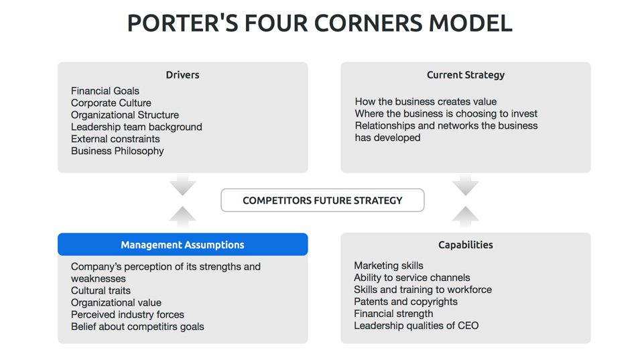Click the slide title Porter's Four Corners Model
pyautogui.click(x=320, y=23)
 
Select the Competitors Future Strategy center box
pyautogui.click(x=322, y=200)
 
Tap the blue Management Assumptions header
pyautogui.click(x=182, y=245)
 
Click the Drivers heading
pyautogui.click(x=182, y=75)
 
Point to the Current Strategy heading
pyautogui.click(x=465, y=75)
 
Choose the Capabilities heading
pyautogui.click(x=465, y=245)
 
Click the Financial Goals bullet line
pyautogui.click(x=105, y=91)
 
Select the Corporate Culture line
pyautogui.click(x=111, y=103)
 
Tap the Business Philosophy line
pyautogui.click(x=117, y=151)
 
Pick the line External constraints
pyautogui.click(x=115, y=139)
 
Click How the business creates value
pyautogui.click(x=426, y=101)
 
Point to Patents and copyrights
pyautogui.click(x=405, y=302)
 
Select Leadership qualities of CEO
pyautogui.click(x=416, y=326)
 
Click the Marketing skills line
pyautogui.click(x=389, y=265)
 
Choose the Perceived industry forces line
pyautogui.click(x=127, y=314)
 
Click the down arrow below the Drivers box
pyautogui.click(x=182, y=184)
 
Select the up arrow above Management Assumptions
pyautogui.click(x=182, y=216)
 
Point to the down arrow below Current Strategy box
pyautogui.click(x=465, y=184)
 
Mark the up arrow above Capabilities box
pyautogui.click(x=465, y=216)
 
